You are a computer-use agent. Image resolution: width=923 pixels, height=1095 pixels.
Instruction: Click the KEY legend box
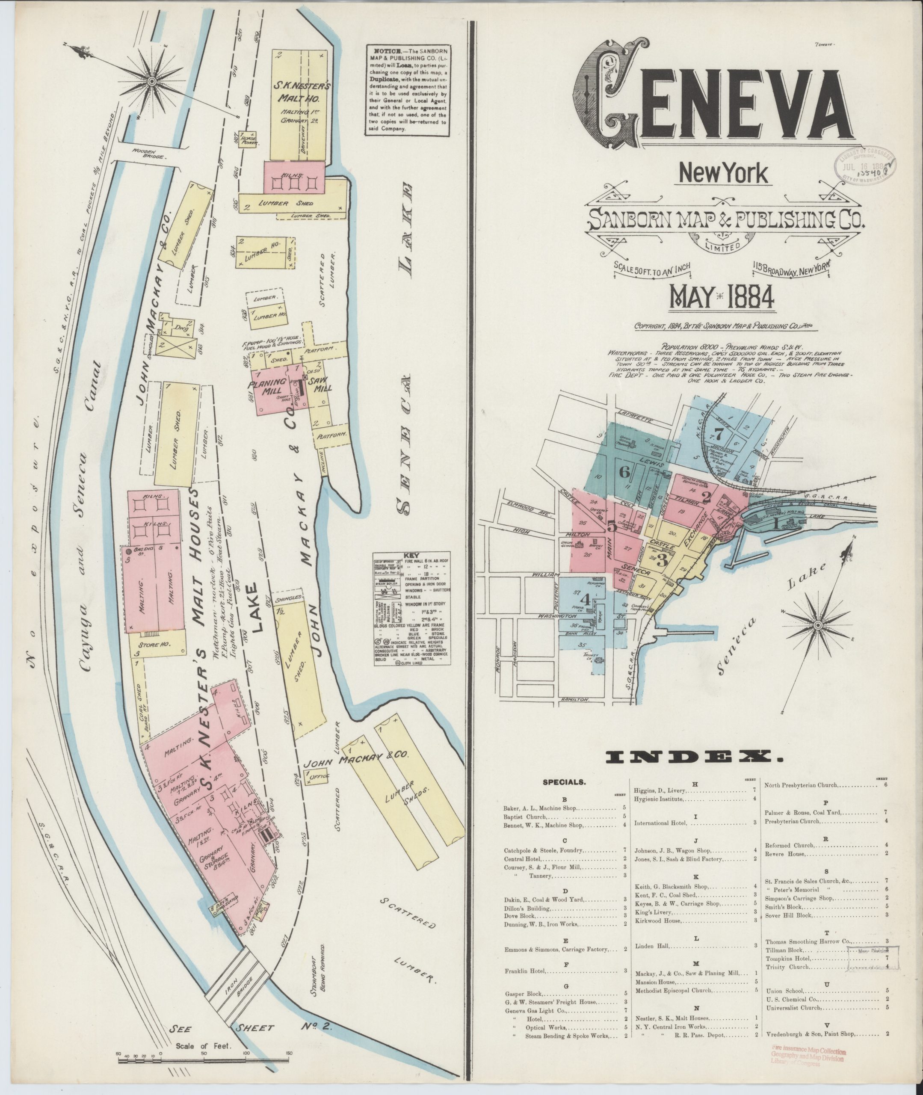(412, 609)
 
